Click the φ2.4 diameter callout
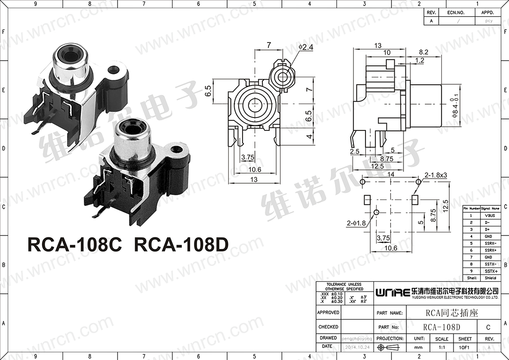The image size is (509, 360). click(x=306, y=47)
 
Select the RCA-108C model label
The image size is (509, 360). click(x=74, y=245)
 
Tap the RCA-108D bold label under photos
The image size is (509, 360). click(x=181, y=245)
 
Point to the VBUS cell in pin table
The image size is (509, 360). click(x=490, y=216)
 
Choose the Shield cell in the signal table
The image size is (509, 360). click(x=490, y=278)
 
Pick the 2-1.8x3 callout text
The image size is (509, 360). click(x=436, y=175)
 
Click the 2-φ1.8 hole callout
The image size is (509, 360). click(x=356, y=223)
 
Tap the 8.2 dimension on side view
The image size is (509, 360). click(x=423, y=52)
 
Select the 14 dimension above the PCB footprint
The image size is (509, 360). click(x=391, y=174)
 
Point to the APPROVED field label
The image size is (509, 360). click(x=329, y=312)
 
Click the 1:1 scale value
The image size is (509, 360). click(x=441, y=347)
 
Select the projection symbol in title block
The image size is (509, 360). click(x=388, y=347)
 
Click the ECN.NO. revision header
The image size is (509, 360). click(x=455, y=12)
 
